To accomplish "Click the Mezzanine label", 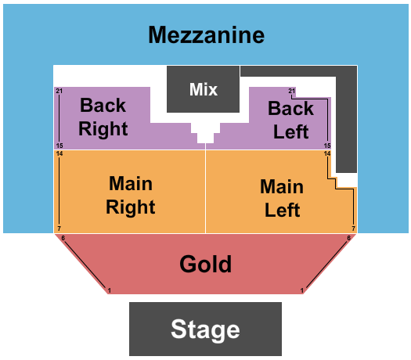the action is [207, 35].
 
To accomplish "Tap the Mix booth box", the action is [203, 89].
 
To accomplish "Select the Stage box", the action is [205, 329].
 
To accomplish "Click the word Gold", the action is [205, 264].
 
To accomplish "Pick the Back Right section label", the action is [103, 117].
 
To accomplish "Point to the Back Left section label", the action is [290, 120].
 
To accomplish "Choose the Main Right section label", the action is [131, 195].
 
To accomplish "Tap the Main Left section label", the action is [282, 198].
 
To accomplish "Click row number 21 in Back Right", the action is [59, 91].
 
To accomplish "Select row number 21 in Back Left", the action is [292, 91].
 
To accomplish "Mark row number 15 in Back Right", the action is [59, 146].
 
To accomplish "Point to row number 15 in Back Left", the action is [327, 146].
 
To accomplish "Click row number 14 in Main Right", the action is [59, 153].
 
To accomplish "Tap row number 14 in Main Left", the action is [327, 153].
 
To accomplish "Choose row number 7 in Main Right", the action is [59, 229].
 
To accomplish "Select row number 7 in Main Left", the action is [354, 229].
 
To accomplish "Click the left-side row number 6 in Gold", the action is [63, 238].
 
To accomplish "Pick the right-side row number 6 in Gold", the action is [349, 238].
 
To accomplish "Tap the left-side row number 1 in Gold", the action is [110, 290].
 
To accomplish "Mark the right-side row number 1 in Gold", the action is [302, 290].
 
